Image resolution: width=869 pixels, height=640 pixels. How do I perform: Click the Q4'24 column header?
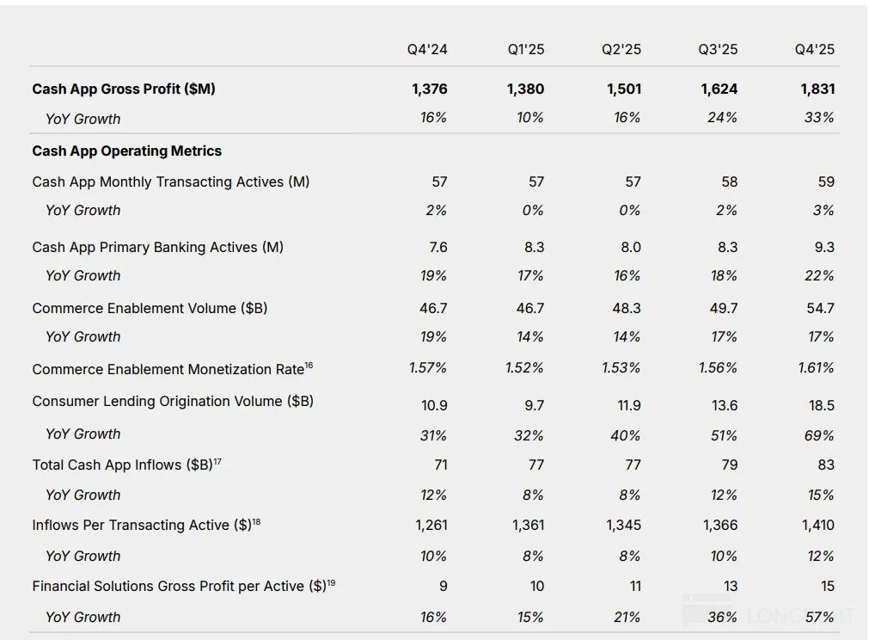pos(427,49)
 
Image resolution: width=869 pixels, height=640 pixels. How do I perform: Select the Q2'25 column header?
pos(621,49)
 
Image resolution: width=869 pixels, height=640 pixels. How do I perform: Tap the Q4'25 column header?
pos(814,49)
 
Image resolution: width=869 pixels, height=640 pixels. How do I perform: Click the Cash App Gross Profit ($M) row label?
pos(124,89)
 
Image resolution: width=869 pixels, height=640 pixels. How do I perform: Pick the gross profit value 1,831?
pos(817,89)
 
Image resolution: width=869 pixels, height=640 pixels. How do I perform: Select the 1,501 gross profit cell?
pos(623,89)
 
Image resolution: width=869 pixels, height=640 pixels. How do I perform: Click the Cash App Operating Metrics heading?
pos(127,151)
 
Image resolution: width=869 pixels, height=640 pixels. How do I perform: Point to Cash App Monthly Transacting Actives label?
pos(171,182)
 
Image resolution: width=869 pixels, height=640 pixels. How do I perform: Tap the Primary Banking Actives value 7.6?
pos(438,247)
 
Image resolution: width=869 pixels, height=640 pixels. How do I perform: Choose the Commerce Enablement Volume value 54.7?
pos(820,308)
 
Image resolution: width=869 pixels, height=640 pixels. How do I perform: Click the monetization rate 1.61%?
pos(816,367)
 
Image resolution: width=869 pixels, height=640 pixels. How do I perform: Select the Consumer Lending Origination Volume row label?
pos(173,401)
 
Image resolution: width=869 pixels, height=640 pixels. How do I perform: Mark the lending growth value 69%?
pos(819,435)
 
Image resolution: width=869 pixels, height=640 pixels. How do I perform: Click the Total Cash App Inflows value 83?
pos(825,465)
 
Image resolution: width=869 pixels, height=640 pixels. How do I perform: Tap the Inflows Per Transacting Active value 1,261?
pos(431,525)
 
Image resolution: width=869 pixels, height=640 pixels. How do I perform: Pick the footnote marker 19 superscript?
pos(331,582)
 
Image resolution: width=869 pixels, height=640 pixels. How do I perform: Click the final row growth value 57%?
pos(819,617)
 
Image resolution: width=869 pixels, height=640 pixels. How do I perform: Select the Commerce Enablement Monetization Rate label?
pos(168,369)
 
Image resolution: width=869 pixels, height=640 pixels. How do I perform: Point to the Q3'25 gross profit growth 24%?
pos(722,117)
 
